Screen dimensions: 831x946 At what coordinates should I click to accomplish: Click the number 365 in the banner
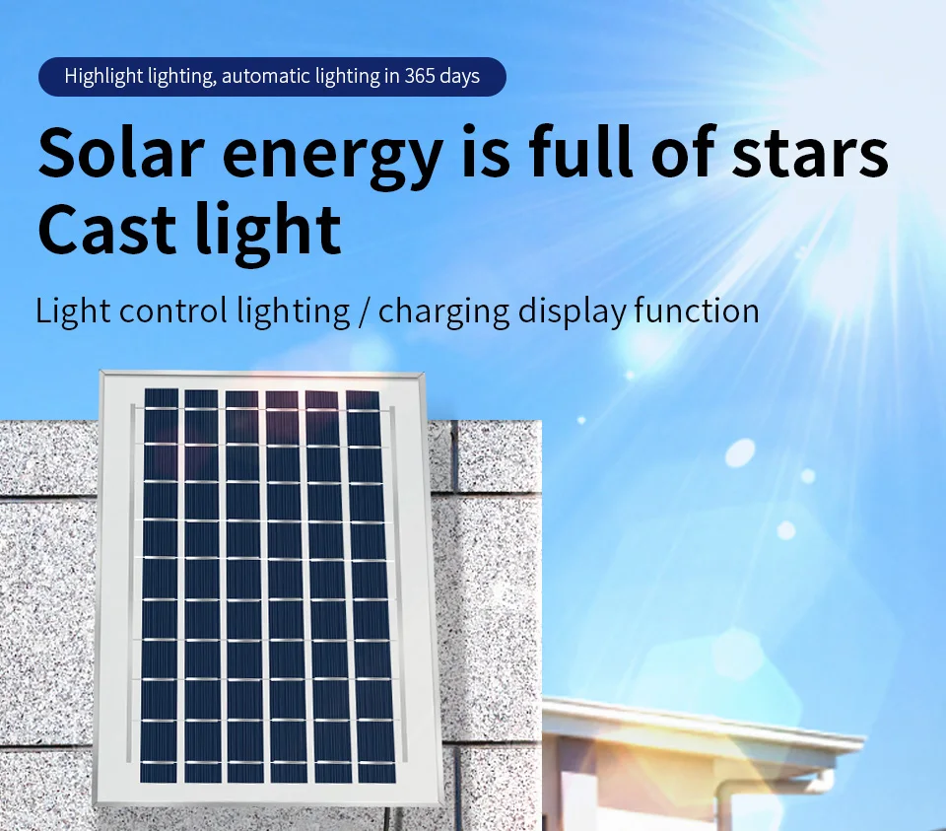[420, 77]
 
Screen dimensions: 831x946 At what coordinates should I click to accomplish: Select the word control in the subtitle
[173, 312]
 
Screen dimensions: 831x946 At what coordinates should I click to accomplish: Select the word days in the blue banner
[460, 77]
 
